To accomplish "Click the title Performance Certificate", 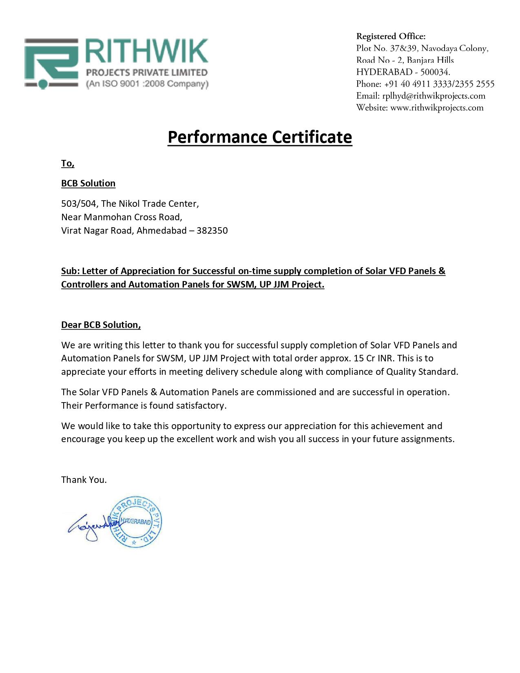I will point(259,137).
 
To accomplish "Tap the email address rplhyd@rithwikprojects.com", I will point(434,96).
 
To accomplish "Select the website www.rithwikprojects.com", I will point(437,108).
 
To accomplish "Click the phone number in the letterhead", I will point(439,84).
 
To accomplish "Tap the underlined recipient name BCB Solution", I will point(88,184).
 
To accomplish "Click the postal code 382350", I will point(212,231).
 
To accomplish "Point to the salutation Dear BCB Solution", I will point(101,325).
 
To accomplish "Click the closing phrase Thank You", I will point(84,480).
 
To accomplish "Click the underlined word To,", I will point(68,164).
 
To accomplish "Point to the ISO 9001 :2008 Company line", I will point(147,84).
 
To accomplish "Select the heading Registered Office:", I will point(391,37).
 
